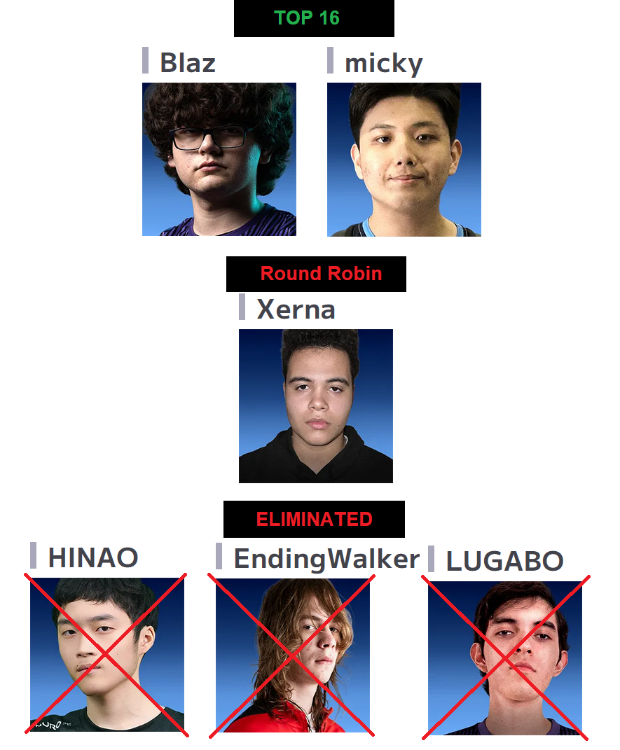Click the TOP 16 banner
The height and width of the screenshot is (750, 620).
pyautogui.click(x=313, y=18)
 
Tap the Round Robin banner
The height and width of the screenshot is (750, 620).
pyautogui.click(x=316, y=274)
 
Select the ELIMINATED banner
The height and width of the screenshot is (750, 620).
pyautogui.click(x=314, y=520)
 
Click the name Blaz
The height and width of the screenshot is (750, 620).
pyautogui.click(x=187, y=63)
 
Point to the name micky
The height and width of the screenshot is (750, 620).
pyautogui.click(x=383, y=63)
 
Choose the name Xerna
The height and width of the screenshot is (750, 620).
pyautogui.click(x=296, y=309)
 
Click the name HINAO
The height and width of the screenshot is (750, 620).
pyautogui.click(x=92, y=558)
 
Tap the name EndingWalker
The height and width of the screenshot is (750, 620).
pyautogui.click(x=326, y=559)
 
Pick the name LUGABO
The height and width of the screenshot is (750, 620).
pyautogui.click(x=504, y=562)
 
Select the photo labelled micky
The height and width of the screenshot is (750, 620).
pyautogui.click(x=404, y=160)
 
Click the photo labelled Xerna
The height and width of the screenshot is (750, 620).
pyautogui.click(x=315, y=406)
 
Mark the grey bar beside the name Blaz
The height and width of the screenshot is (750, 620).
pyautogui.click(x=146, y=60)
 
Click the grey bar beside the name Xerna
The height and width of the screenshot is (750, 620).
pyautogui.click(x=242, y=307)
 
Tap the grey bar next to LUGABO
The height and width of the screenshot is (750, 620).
pyautogui.click(x=432, y=559)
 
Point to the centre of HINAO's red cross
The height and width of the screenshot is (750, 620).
pyautogui.click(x=106, y=654)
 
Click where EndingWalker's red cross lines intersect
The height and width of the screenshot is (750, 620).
pyautogui.click(x=291, y=654)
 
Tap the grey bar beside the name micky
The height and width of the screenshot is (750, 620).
pyautogui.click(x=331, y=60)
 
